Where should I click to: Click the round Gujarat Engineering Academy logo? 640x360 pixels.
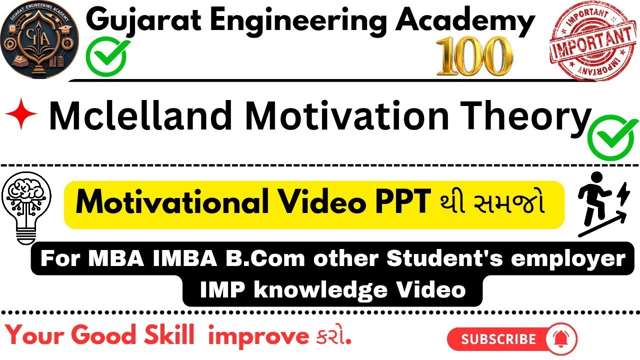click(x=40, y=40)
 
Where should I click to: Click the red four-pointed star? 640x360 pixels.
click(x=21, y=114)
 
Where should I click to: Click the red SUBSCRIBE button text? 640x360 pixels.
click(x=498, y=339)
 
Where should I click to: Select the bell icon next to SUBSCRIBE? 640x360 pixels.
click(x=562, y=338)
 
